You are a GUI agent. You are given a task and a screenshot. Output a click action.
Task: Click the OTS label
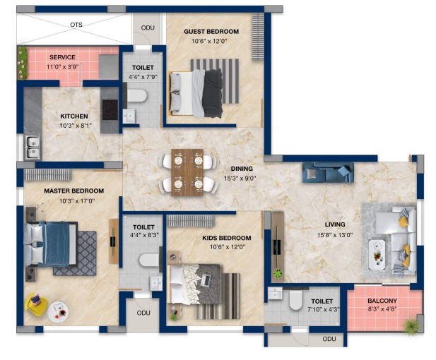pos(76,25)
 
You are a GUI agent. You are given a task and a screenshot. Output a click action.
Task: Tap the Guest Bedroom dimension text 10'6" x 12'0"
pos(209,42)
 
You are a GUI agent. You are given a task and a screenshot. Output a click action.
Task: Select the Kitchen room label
pos(74,116)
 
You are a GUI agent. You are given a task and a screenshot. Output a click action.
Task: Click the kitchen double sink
pos(33,147)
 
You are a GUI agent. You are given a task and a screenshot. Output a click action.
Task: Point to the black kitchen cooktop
pos(110,109)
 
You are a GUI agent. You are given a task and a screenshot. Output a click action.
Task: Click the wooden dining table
pos(187,172)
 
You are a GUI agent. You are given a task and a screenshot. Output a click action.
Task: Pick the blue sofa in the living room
pos(328,172)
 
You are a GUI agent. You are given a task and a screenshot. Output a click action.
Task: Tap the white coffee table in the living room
pos(377,254)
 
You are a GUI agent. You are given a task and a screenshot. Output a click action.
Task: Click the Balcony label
pos(382,301)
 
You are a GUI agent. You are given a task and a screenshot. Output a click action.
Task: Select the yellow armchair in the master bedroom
pos(35,304)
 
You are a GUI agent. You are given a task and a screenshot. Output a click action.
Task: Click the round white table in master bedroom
pos(58,312)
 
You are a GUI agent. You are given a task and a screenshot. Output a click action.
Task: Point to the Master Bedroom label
pos(74,191)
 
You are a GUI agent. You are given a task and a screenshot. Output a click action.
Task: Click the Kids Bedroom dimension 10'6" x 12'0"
pos(228,247)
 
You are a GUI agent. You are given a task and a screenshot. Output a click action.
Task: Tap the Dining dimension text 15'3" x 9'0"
pos(240,179)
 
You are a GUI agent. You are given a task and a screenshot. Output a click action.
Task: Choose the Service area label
pos(62,57)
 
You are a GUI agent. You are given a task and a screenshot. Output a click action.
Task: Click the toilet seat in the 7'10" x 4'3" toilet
pos(295,300)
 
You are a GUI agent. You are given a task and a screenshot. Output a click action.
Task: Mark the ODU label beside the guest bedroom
pos(148,28)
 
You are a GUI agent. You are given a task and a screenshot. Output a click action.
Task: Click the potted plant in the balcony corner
pos(411,325)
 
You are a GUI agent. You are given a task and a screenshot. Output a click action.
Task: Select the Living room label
pos(335,224)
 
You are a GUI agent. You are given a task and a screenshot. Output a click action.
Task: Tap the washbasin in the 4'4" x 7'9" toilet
pos(129,116)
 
